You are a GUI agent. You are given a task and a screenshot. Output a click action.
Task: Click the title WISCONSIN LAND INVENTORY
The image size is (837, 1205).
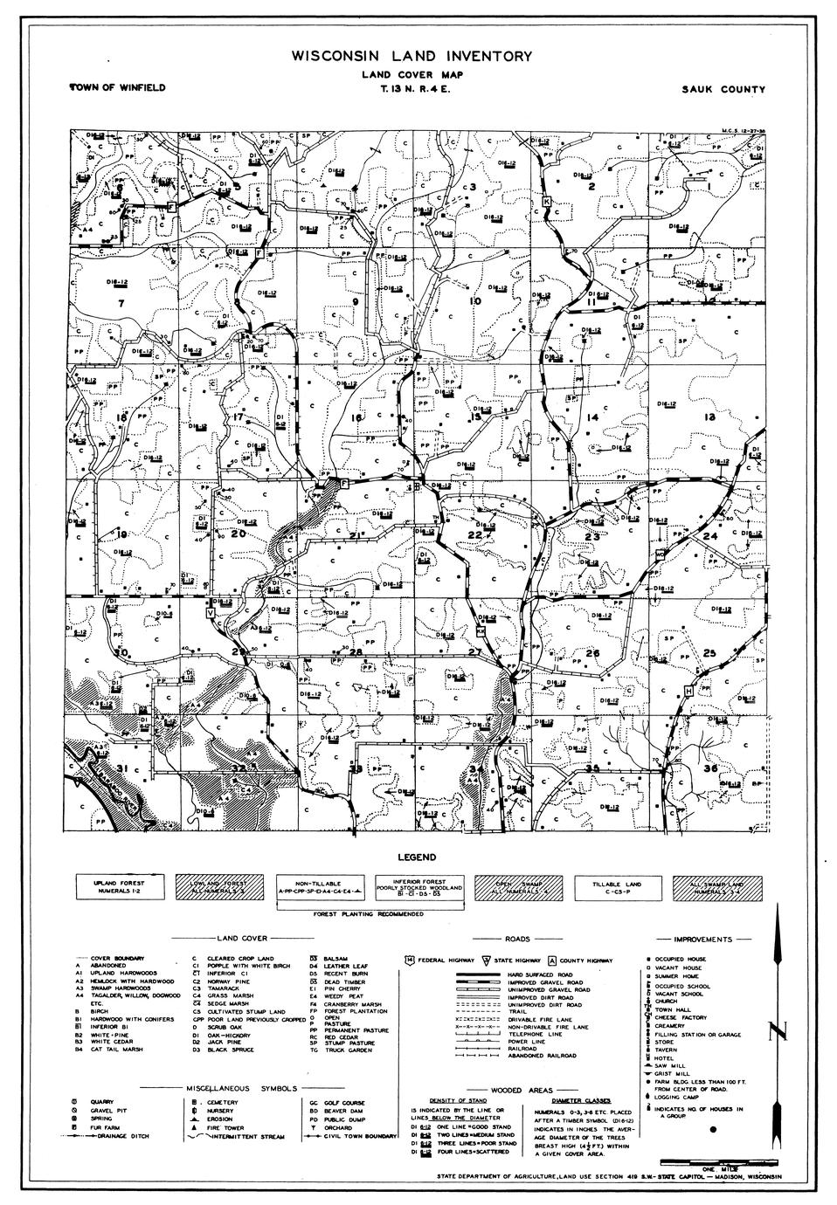point(412,57)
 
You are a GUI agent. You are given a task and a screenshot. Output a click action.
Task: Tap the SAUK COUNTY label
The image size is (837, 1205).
point(726,89)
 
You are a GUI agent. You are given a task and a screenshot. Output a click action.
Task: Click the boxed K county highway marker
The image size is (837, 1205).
point(547,202)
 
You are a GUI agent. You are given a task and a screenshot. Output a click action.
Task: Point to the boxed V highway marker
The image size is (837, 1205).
point(210,614)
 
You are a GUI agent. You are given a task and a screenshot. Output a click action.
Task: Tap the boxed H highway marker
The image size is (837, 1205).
point(689,692)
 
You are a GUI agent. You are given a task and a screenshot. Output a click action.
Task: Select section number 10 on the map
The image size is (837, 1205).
point(475,301)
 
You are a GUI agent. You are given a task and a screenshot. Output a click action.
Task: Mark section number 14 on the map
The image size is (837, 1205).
point(592,418)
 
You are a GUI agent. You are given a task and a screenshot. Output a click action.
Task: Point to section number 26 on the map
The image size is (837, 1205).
point(592,653)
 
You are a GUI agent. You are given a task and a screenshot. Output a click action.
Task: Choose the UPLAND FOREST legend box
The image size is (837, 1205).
point(122,889)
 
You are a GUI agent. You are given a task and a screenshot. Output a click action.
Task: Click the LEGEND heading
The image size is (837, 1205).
point(417,857)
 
